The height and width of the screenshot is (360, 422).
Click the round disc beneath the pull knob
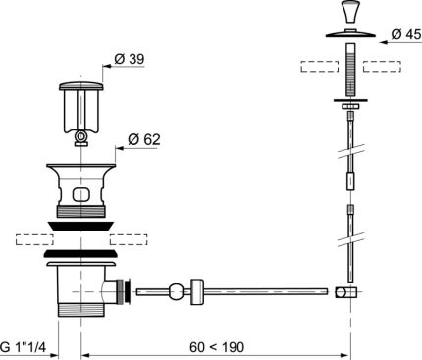[x=350, y=33]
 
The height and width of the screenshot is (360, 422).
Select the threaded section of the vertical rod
[x=350, y=69]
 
